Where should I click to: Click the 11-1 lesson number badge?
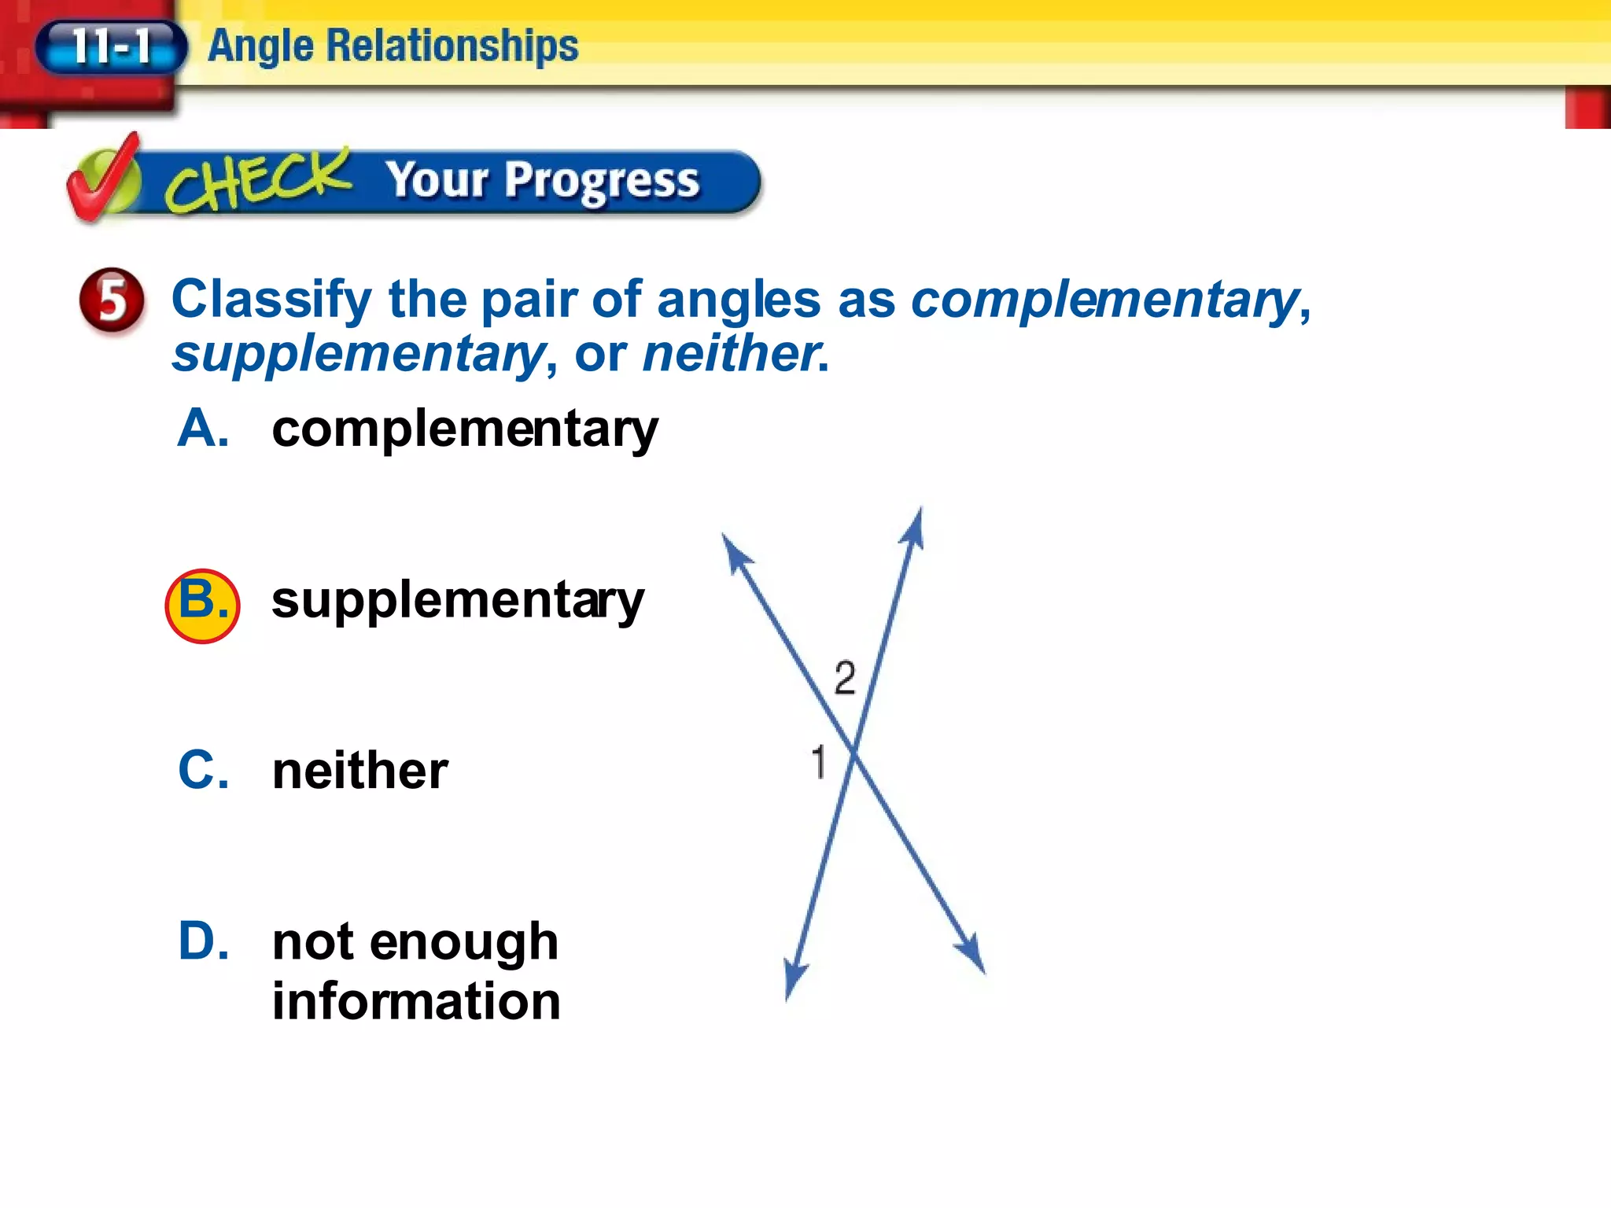coord(111,46)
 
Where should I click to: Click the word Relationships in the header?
coord(452,46)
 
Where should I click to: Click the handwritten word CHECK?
coord(258,181)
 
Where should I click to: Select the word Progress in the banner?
coord(602,182)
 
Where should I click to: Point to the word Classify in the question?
coord(271,300)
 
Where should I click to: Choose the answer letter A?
coord(203,429)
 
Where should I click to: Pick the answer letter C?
coord(203,771)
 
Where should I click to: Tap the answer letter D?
coord(203,941)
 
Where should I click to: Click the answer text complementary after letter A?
coord(465,430)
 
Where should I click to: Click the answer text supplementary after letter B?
coord(458,602)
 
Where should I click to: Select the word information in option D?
coord(416,1001)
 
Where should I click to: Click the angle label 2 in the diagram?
coord(845,678)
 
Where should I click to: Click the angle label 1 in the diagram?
coord(819,762)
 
